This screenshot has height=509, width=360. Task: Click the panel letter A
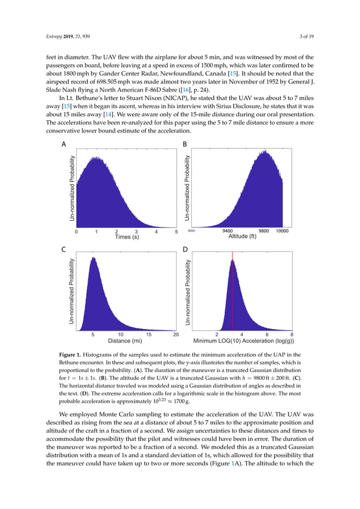[x=64, y=145]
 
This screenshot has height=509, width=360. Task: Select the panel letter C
[x=64, y=249]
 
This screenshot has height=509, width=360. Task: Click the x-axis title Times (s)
[x=127, y=237]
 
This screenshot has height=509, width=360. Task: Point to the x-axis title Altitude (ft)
[x=242, y=236]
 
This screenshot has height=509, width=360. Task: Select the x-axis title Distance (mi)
[x=125, y=341]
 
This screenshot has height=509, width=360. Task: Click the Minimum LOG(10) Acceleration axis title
[x=243, y=341]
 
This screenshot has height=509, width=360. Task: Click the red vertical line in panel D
[x=232, y=293]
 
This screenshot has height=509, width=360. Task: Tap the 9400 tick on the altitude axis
[x=228, y=231]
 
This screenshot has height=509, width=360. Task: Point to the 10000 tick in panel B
[x=283, y=231]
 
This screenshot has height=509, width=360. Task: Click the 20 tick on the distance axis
[x=176, y=335]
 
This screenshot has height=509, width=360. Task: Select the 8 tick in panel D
[x=292, y=335]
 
